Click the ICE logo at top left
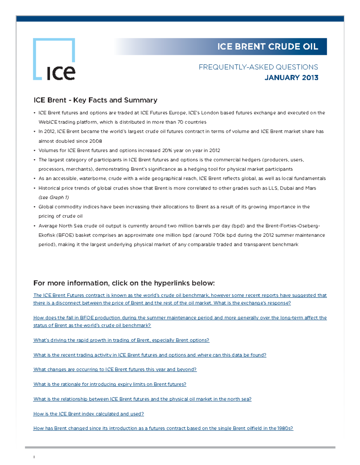pos(54,59)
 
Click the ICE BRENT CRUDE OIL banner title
pos(267,47)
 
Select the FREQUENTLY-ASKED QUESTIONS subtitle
pos(258,67)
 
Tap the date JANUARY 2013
pos(291,78)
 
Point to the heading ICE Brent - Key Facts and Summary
pos(95,100)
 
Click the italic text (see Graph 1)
pos(54,197)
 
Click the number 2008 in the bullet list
pos(96,141)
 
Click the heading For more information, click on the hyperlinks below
pos(124,283)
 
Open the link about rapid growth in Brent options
pos(121,340)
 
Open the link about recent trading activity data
pos(150,355)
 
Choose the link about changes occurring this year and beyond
pos(115,369)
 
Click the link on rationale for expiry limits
pos(110,384)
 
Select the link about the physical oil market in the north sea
pos(142,399)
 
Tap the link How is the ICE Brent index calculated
pos(88,414)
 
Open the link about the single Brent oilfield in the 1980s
pos(163,428)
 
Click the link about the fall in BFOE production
pos(180,318)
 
